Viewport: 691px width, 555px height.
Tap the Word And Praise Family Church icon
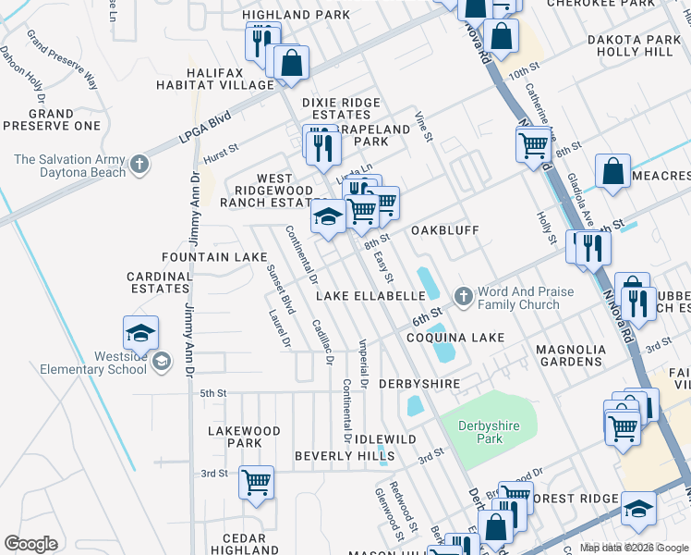pyautogui.click(x=463, y=297)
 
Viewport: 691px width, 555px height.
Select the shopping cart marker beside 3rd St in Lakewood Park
pyautogui.click(x=256, y=481)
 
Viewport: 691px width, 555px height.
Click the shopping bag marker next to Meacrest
pyautogui.click(x=612, y=171)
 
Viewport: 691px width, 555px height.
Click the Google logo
pyautogui.click(x=30, y=544)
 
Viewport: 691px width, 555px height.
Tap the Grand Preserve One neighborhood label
pyautogui.click(x=51, y=119)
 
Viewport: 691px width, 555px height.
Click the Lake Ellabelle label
pyautogui.click(x=370, y=296)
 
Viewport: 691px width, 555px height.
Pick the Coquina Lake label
pyautogui.click(x=455, y=338)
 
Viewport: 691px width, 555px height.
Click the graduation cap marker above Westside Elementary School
pyautogui.click(x=139, y=332)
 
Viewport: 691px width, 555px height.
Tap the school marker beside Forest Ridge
pyautogui.click(x=638, y=508)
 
